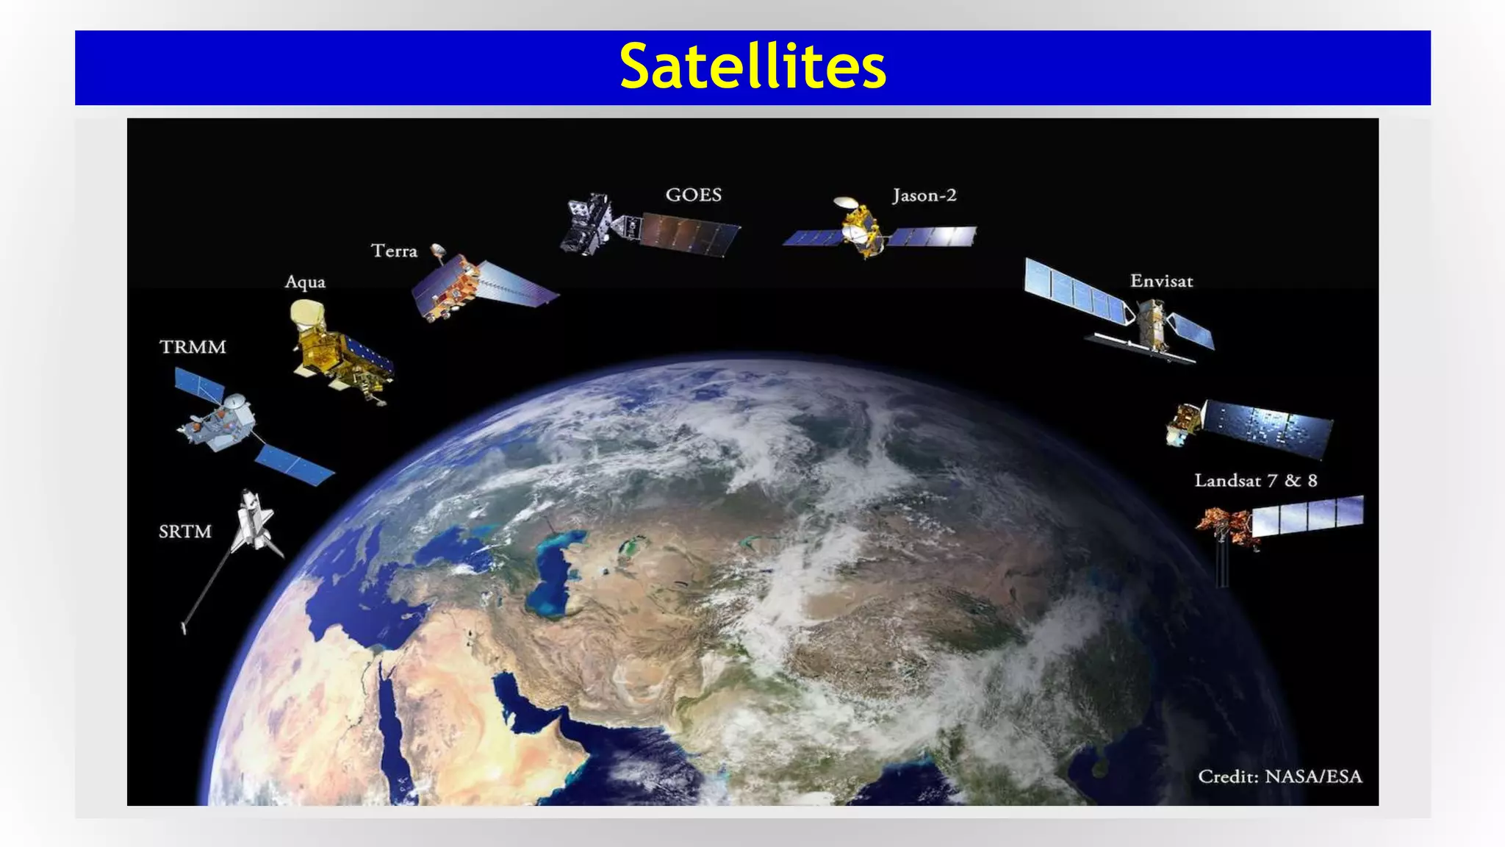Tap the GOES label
tap(693, 195)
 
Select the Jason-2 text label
tap(924, 196)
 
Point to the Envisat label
tap(1161, 281)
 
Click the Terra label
tap(394, 251)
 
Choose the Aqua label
tap(305, 282)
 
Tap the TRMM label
tap(193, 347)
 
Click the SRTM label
tap(185, 532)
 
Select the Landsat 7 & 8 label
tap(1255, 481)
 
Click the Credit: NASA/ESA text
tap(1279, 776)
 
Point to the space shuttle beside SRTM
tap(254, 521)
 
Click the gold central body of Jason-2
tap(862, 229)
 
